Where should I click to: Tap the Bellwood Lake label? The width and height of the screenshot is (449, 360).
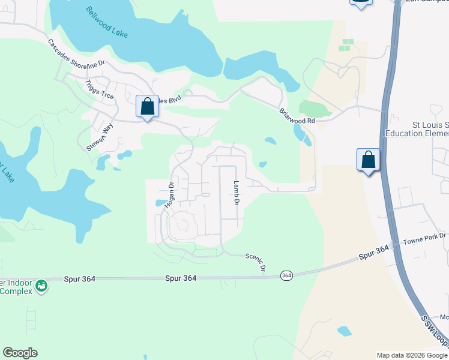coord(107,22)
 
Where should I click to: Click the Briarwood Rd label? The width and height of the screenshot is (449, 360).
coord(297,116)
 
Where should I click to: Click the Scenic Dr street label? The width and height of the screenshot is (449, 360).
coord(255,262)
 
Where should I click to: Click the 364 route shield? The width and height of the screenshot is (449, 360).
coord(286,275)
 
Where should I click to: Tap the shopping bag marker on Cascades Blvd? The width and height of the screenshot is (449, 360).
coord(147,107)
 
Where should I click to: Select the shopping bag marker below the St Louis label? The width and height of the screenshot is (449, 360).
coord(368,160)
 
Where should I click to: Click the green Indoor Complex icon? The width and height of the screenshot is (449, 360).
coord(41,286)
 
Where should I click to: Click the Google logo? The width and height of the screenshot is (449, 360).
coord(20,353)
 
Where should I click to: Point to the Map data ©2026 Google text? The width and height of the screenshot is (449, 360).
coord(411,355)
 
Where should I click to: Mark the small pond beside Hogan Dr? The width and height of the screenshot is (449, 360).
coord(160,203)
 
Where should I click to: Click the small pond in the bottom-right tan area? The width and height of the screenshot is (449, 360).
coord(344,331)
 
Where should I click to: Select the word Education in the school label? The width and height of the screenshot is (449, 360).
coord(406,133)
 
